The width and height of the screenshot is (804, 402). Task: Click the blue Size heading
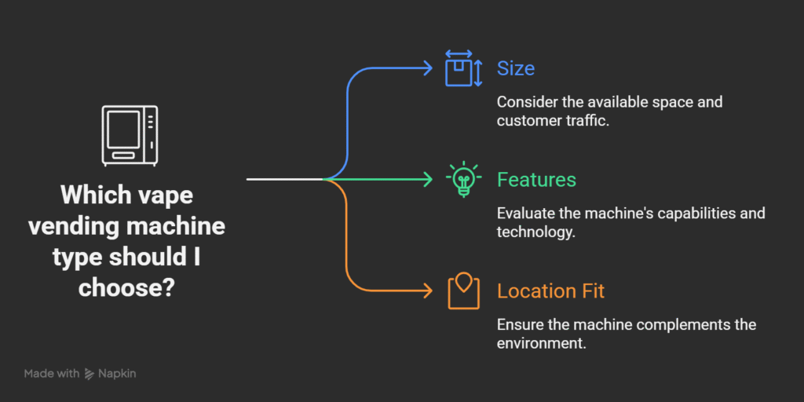[516, 69]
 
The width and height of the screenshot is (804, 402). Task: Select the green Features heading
[537, 180]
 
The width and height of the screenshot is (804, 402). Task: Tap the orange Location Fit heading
[551, 291]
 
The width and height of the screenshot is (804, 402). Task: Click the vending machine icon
[130, 135]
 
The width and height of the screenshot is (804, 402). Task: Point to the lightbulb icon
[463, 181]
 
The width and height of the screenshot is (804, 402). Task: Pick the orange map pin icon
[463, 291]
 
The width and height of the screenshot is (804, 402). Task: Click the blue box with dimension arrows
[463, 68]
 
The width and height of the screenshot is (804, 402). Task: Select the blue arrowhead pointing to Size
[428, 68]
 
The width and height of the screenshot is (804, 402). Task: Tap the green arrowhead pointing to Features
[428, 180]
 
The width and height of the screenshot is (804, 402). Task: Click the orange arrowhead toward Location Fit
[428, 291]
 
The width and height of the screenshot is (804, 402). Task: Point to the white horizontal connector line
[285, 180]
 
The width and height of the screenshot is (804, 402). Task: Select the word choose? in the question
[126, 287]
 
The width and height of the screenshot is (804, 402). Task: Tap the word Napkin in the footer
[117, 374]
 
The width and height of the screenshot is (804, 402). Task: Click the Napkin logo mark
[89, 374]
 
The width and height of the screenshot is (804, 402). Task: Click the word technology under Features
[535, 232]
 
